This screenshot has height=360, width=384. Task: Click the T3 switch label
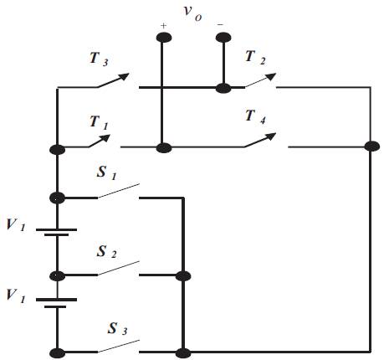point(99,59)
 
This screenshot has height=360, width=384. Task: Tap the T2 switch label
point(255,58)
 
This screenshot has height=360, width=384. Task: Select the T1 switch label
point(99,123)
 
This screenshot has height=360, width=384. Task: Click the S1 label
point(106,173)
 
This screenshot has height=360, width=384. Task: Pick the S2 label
point(106,251)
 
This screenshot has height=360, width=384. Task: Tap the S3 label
point(117,328)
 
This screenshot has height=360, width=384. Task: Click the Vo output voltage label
point(192,13)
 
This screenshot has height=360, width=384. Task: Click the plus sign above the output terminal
point(164,26)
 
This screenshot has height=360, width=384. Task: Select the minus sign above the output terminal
point(220,25)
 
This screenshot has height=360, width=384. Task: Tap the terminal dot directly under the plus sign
point(164,38)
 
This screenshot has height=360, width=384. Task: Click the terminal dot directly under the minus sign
point(223,38)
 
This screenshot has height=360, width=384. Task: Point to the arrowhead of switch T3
point(125,76)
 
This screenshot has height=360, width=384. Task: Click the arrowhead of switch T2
point(271,76)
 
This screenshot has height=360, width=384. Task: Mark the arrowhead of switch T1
point(105,137)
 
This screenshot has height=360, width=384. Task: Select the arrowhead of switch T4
point(271,136)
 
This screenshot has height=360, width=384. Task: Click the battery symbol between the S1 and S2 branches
point(57,232)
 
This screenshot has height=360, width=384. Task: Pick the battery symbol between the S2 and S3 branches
point(57,303)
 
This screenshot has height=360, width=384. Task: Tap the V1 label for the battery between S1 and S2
point(16,225)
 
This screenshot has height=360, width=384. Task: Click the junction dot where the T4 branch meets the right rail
point(371,147)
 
